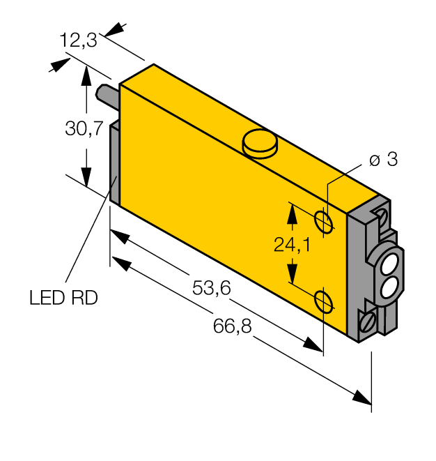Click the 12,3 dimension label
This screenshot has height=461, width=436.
tap(78, 40)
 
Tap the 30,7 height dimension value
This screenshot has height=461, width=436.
tap(84, 128)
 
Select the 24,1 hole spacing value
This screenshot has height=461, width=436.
tap(292, 245)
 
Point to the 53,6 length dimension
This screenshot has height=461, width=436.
tap(212, 287)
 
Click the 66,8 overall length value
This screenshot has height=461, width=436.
tap(232, 326)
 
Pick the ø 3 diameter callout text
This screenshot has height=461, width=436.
tap(384, 159)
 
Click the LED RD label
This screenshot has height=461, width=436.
tap(63, 298)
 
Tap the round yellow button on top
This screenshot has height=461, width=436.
tap(260, 144)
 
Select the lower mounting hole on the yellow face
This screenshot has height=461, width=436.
tap(323, 301)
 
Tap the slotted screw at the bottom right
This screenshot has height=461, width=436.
tap(367, 321)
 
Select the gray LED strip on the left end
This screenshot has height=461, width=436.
tap(114, 163)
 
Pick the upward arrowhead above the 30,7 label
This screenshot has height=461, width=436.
tap(86, 75)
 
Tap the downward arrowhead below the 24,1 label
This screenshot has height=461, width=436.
tap(292, 273)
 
